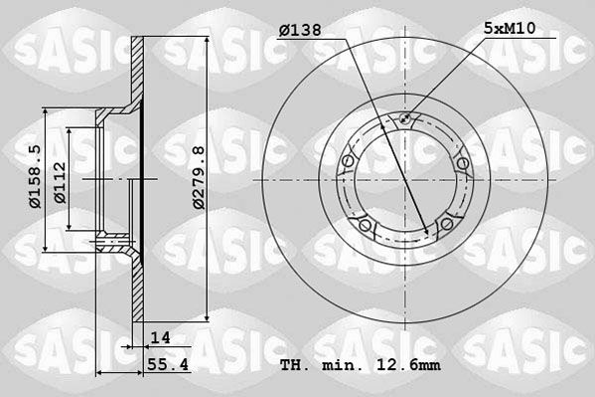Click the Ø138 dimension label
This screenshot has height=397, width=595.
pyautogui.click(x=300, y=30)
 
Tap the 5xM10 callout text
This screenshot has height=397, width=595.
pyautogui.click(x=510, y=28)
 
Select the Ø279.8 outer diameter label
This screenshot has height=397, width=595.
pyautogui.click(x=199, y=177)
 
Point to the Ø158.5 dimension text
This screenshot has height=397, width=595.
pyautogui.click(x=35, y=176)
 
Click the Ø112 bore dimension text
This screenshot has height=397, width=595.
pyautogui.click(x=60, y=182)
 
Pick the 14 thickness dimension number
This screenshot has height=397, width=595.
pyautogui.click(x=161, y=337)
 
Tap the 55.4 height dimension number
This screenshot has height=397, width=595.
pyautogui.click(x=168, y=365)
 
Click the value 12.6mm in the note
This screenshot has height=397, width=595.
pyautogui.click(x=408, y=365)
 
